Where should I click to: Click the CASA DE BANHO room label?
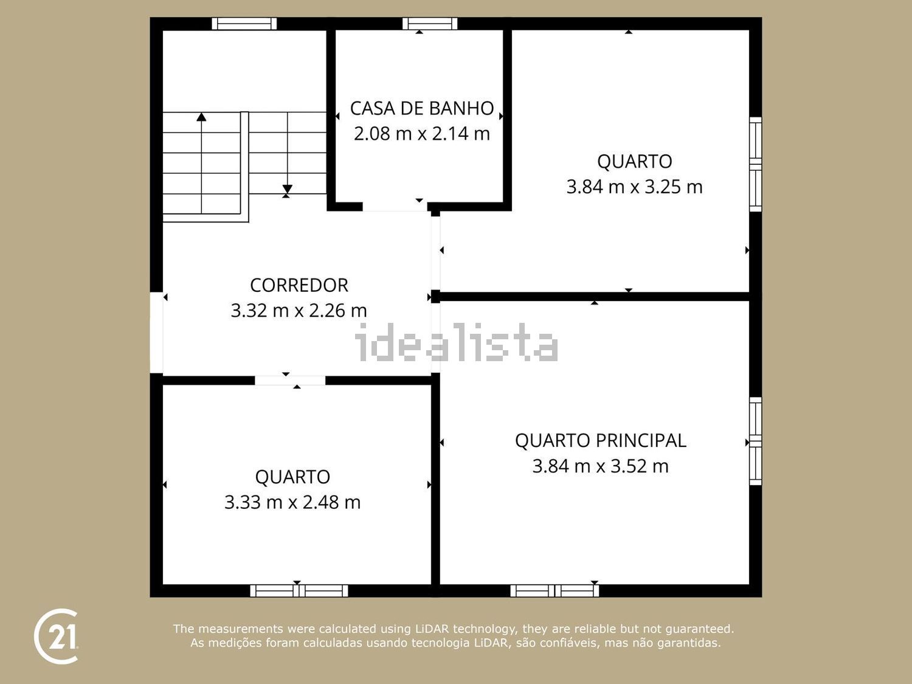422,108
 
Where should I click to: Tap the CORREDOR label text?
299,285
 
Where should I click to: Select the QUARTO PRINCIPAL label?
600,441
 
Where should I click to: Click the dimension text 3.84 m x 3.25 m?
635,187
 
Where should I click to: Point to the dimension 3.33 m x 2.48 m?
292,503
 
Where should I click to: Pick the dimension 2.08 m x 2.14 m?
422,134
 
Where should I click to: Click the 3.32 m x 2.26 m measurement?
299,311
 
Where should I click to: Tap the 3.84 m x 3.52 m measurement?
600,466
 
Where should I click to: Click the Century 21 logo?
56,636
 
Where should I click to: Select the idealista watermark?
456,342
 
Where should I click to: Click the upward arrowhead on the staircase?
201,117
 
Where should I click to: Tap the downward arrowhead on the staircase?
287,189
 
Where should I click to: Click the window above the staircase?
244,24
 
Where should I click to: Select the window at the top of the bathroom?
430,24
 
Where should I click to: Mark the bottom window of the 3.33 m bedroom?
299,590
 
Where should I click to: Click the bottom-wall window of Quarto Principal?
554,590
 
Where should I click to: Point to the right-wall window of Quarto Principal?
755,441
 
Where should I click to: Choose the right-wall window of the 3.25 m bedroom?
755,164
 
